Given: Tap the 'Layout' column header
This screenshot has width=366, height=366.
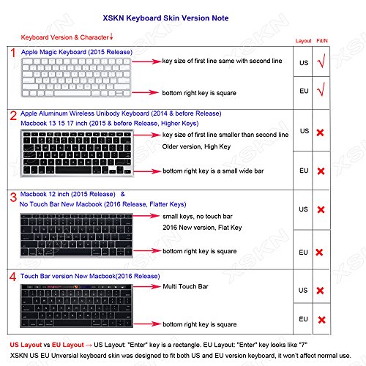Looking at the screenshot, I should tap(303, 41).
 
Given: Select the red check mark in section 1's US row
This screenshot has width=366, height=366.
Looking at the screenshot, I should tap(321, 64).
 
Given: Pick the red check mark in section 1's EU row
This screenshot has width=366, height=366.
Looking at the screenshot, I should tap(321, 93).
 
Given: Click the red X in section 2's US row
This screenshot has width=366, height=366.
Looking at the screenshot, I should tap(320, 132).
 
